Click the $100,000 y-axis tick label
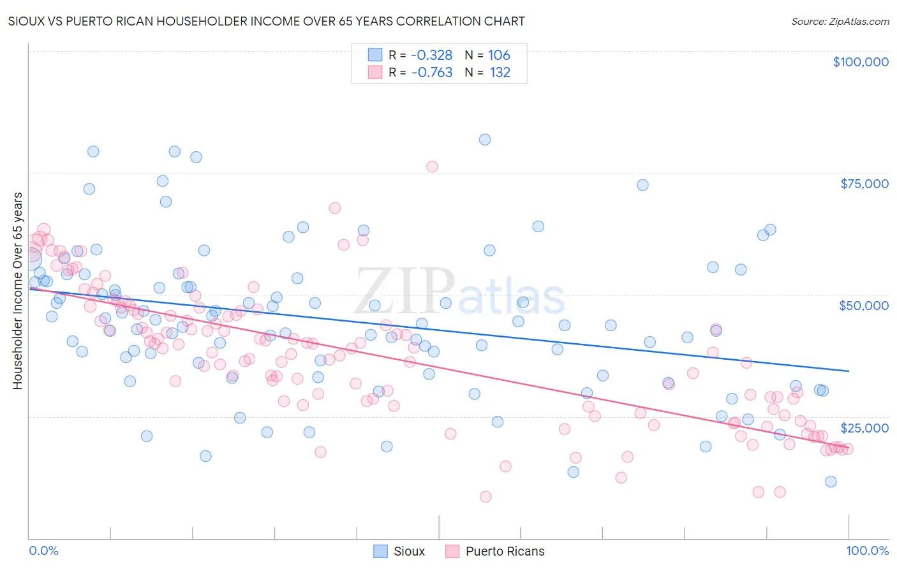pyautogui.click(x=860, y=62)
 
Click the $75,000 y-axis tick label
pyautogui.click(x=864, y=184)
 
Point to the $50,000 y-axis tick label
pyautogui.click(x=863, y=306)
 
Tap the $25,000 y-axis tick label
pyautogui.click(x=864, y=428)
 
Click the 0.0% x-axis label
pyautogui.click(x=43, y=551)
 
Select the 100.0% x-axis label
pyautogui.click(x=867, y=551)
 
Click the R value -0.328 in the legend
pyautogui.click(x=431, y=55)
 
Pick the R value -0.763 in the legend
pyautogui.click(x=431, y=73)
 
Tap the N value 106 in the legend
pyautogui.click(x=499, y=55)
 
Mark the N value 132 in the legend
pyautogui.click(x=500, y=73)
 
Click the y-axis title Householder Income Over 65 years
pyautogui.click(x=18, y=290)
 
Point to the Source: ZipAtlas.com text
pyautogui.click(x=840, y=21)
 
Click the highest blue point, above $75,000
pyautogui.click(x=485, y=139)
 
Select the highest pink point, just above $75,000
pyautogui.click(x=432, y=166)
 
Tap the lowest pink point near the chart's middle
pyautogui.click(x=486, y=497)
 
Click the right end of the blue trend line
pyautogui.click(x=849, y=371)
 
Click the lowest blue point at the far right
pyautogui.click(x=831, y=482)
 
